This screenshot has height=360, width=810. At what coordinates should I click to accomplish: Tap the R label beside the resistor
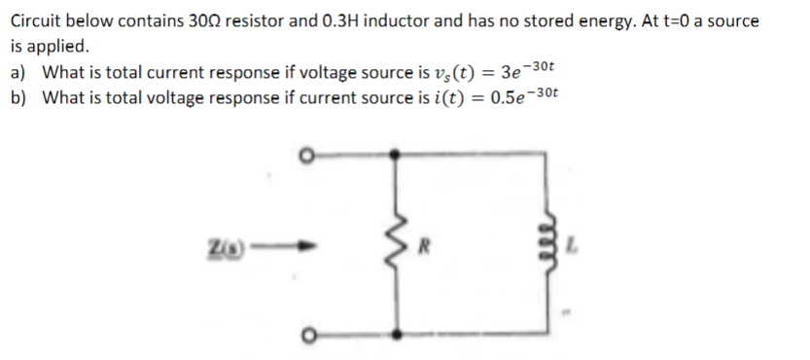425,244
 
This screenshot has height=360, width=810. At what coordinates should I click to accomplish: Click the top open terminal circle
308,154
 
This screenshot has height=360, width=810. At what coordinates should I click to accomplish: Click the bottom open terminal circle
308,334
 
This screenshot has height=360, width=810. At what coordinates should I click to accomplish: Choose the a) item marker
17,72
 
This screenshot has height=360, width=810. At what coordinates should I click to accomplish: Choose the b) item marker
17,97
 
